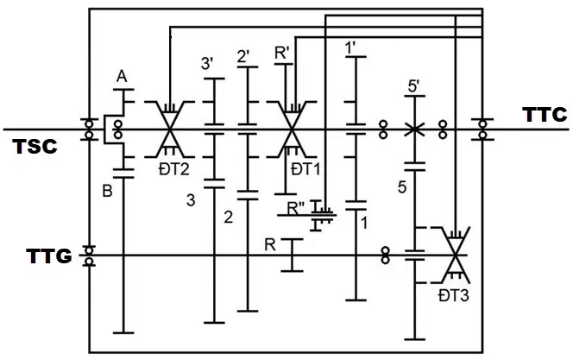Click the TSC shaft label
35,147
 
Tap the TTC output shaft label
545,115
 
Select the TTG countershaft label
49,256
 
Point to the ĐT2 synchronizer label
174,169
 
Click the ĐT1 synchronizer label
305,169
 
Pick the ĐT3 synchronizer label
454,295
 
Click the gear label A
122,77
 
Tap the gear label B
107,191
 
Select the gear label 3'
207,64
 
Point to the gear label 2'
243,56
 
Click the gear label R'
282,54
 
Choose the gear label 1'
350,47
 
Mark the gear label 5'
413,87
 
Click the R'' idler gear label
296,208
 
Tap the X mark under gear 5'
415,129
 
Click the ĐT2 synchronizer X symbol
170,129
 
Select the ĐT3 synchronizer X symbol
455,255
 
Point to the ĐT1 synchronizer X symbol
292,129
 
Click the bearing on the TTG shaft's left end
89,255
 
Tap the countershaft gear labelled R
292,255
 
